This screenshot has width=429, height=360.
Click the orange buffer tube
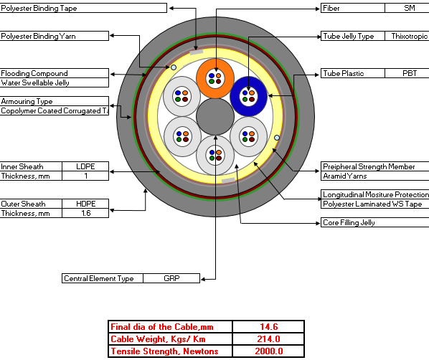(215, 78)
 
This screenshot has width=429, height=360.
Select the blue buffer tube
(248, 96)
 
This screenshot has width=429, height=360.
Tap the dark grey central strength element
(215, 117)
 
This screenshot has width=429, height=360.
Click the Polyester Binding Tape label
(39, 8)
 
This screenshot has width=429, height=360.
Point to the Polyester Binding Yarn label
(38, 36)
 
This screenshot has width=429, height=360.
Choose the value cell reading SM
(410, 8)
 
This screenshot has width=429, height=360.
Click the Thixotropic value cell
(410, 36)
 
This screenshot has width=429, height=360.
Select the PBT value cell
(410, 73)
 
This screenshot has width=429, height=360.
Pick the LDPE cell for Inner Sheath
(85, 166)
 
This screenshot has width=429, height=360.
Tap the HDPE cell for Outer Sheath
(85, 204)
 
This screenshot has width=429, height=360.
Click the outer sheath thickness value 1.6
(85, 213)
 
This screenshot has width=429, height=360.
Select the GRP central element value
(171, 278)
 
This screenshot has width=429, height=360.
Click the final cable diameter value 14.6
(268, 326)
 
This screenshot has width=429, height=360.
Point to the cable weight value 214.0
(268, 339)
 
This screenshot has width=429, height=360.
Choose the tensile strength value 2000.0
(268, 351)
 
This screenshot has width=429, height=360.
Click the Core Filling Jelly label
(349, 223)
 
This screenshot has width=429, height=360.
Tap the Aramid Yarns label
(345, 176)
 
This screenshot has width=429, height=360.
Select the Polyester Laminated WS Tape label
(372, 204)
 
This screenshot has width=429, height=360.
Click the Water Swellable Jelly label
(35, 82)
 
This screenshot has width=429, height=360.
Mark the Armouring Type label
(27, 102)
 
